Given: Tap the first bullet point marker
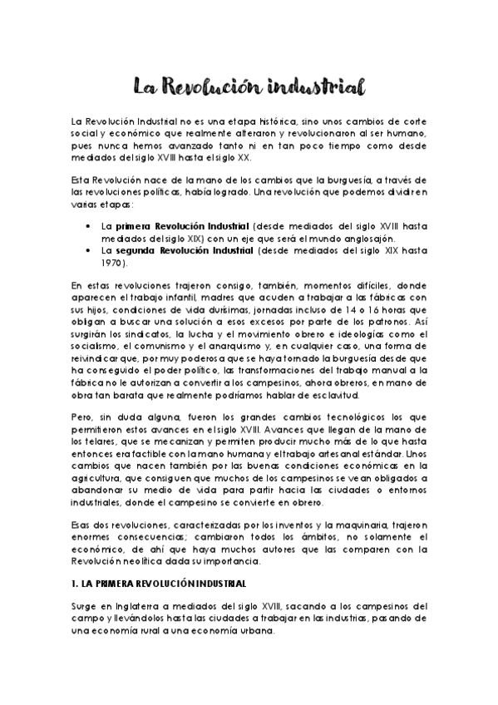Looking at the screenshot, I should pos(89,225).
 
